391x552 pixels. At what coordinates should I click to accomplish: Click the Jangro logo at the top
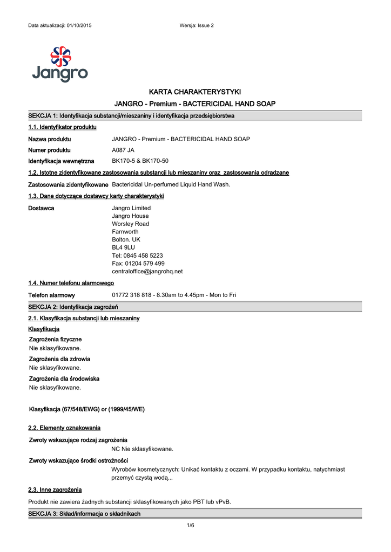point(59,64)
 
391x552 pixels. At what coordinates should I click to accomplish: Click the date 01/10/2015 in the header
point(79,26)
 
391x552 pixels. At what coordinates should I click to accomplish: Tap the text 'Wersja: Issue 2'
point(197,26)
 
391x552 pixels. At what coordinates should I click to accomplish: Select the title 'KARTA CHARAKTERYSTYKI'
point(195,92)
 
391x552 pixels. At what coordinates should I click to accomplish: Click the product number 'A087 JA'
point(123,150)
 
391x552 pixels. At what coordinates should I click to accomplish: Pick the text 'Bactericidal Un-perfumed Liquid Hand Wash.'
point(171,184)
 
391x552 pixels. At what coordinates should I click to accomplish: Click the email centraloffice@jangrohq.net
point(147,271)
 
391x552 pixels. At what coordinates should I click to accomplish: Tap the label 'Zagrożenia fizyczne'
point(55,339)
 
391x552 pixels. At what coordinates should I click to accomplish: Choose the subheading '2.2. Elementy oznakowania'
point(64,427)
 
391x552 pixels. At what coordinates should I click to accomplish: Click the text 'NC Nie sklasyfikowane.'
point(142,449)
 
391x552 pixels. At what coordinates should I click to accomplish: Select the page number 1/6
point(190,526)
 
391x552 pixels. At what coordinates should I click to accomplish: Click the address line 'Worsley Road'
point(130,224)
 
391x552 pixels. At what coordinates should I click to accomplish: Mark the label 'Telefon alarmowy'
point(51,295)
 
